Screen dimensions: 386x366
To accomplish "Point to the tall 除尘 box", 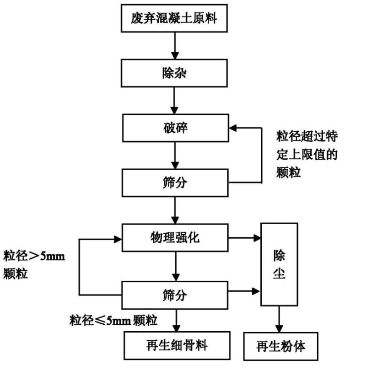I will [279, 264].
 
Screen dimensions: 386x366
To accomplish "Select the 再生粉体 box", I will [280, 348].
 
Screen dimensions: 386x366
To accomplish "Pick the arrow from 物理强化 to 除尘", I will [245, 238].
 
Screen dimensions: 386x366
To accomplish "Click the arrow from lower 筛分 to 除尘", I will [245, 290].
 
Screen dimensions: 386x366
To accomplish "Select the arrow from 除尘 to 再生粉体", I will [279, 320].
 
